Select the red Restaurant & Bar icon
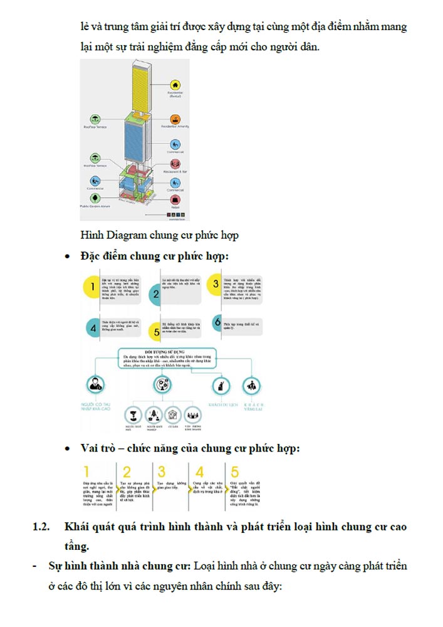coord(176,163)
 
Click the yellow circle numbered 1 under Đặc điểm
coord(93,287)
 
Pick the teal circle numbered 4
coord(93,326)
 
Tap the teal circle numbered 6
coord(217,323)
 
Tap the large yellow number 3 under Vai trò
coord(162,472)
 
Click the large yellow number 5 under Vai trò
coord(235,472)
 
